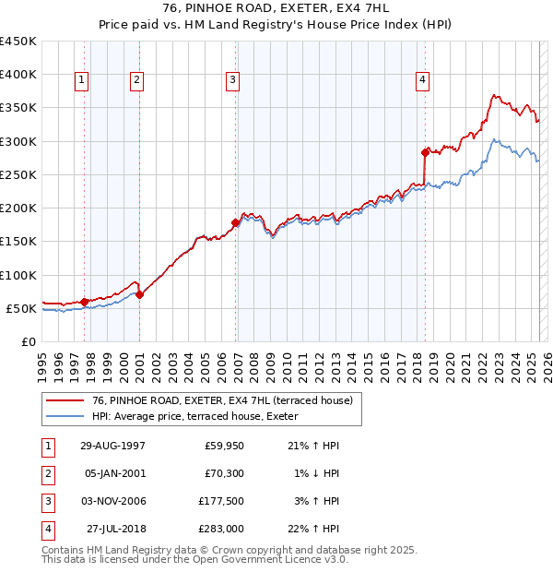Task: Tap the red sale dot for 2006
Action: click(236, 222)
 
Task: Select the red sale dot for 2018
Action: click(426, 152)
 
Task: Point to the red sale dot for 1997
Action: click(85, 301)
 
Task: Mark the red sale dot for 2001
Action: click(139, 294)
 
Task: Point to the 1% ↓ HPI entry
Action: click(316, 473)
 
